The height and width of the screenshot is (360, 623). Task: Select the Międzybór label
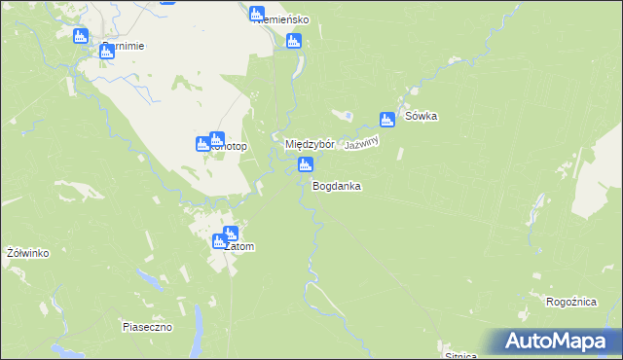tap(310, 144)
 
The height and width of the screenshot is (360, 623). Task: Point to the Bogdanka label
tap(337, 185)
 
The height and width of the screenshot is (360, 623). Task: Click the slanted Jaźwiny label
tap(361, 142)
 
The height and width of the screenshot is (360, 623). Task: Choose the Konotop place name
tap(230, 147)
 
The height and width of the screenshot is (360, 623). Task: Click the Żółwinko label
tap(27, 253)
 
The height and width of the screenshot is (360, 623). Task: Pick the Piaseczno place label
tap(147, 327)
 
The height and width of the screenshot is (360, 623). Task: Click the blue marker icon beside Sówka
tap(387, 119)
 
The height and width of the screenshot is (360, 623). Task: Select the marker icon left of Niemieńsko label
tap(256, 14)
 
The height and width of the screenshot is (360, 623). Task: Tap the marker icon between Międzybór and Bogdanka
tap(305, 165)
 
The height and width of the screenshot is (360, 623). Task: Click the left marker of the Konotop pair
tap(203, 144)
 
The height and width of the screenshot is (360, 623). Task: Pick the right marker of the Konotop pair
tap(217, 139)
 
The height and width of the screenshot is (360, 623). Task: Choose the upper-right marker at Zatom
tap(230, 234)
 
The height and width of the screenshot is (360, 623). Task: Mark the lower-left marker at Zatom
tap(220, 241)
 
